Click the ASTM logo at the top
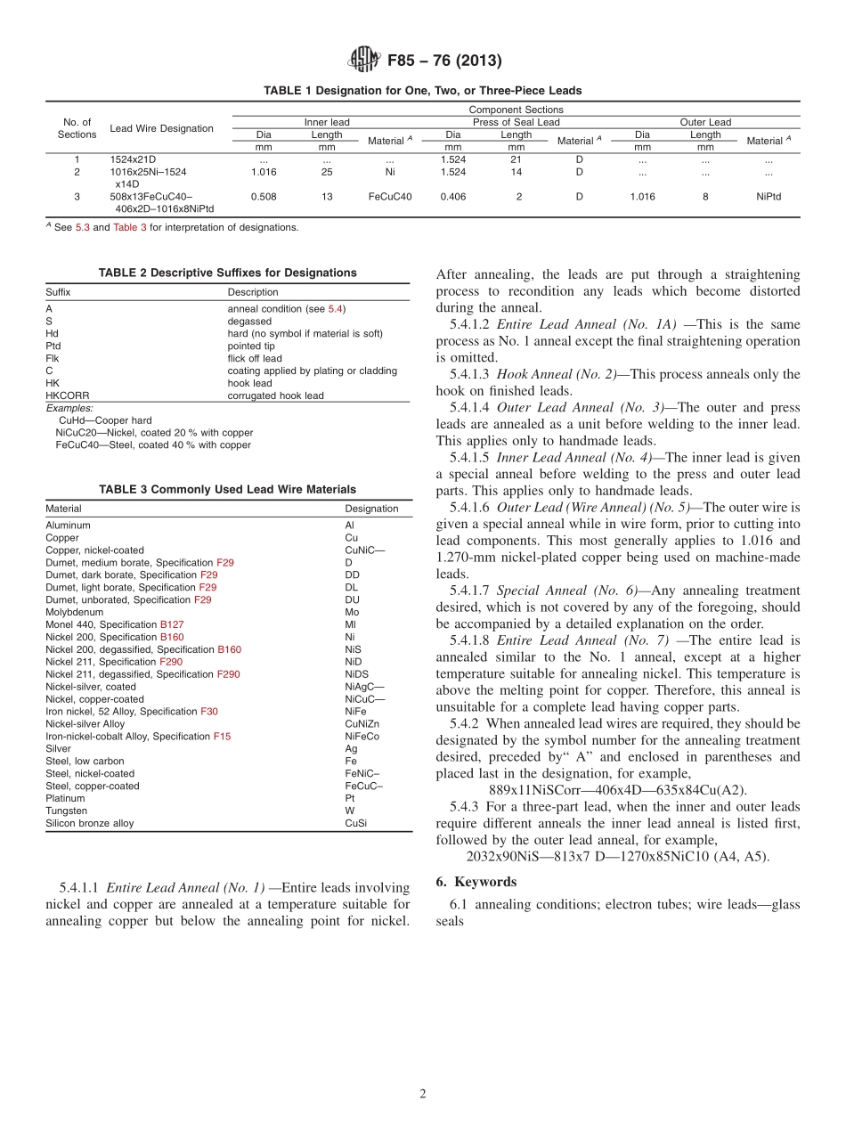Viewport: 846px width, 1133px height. [364, 60]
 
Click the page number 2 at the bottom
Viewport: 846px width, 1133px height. [423, 1093]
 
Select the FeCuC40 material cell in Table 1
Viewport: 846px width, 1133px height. [390, 197]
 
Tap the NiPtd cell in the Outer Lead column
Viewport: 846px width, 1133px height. [768, 197]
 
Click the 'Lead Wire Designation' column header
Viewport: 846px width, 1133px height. [161, 128]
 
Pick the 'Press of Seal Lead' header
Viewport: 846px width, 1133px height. [516, 122]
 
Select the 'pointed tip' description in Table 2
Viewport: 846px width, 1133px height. [254, 346]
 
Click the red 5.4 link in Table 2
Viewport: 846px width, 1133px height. [335, 308]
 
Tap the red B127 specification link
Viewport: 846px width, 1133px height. [172, 624]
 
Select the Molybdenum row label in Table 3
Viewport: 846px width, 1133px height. [74, 612]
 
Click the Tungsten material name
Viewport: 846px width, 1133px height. [66, 811]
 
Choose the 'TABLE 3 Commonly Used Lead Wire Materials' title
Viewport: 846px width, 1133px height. [227, 489]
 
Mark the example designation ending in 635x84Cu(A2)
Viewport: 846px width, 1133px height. [618, 790]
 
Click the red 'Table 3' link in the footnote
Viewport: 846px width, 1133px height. [125, 227]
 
